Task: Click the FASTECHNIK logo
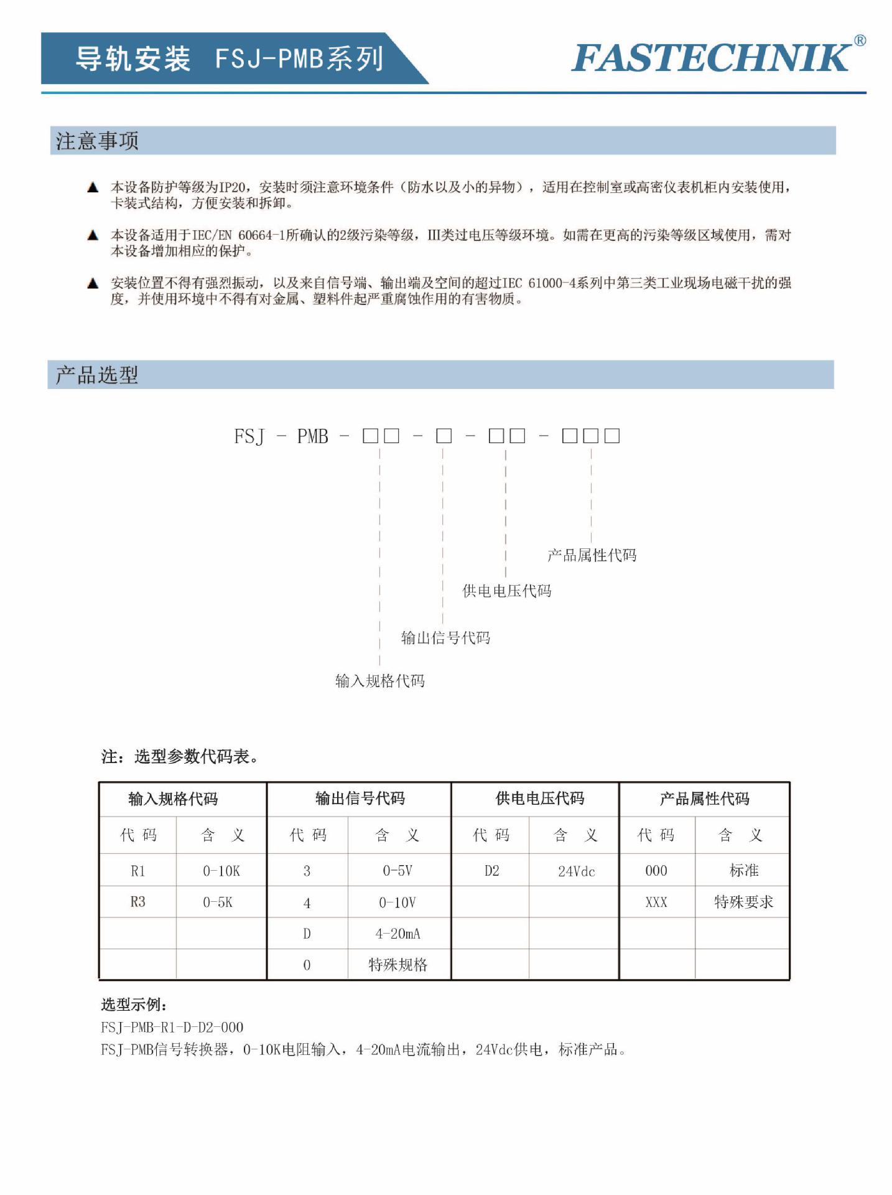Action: [x=711, y=58]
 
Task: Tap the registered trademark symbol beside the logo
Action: [x=860, y=41]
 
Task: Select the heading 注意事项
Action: [x=98, y=141]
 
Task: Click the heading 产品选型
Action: [x=97, y=375]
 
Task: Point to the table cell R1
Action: [x=138, y=871]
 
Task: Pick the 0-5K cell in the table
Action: [x=218, y=902]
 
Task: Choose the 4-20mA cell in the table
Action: [x=398, y=934]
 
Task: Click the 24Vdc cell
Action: [x=576, y=871]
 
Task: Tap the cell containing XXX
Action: [x=656, y=902]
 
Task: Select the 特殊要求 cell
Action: [x=743, y=902]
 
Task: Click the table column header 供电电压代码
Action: [x=540, y=799]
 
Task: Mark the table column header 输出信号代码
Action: [x=360, y=799]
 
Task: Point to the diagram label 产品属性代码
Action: [x=592, y=555]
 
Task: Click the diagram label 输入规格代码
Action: [x=380, y=681]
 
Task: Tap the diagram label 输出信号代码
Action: [x=445, y=638]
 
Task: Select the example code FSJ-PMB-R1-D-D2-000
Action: [x=172, y=1027]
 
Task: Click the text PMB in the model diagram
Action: [x=312, y=436]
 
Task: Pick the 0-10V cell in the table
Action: [x=398, y=902]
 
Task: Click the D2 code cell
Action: [x=491, y=871]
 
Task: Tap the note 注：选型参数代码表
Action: [x=180, y=756]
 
